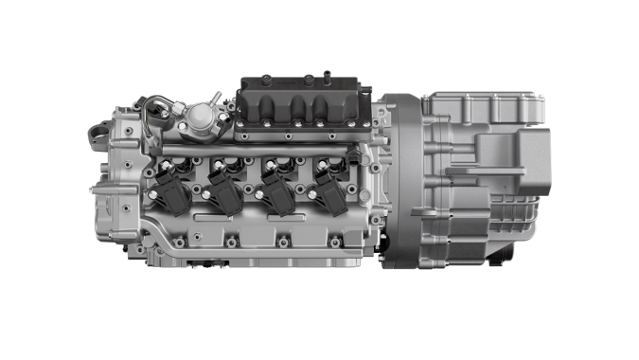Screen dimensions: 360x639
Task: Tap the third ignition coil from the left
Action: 278,189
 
